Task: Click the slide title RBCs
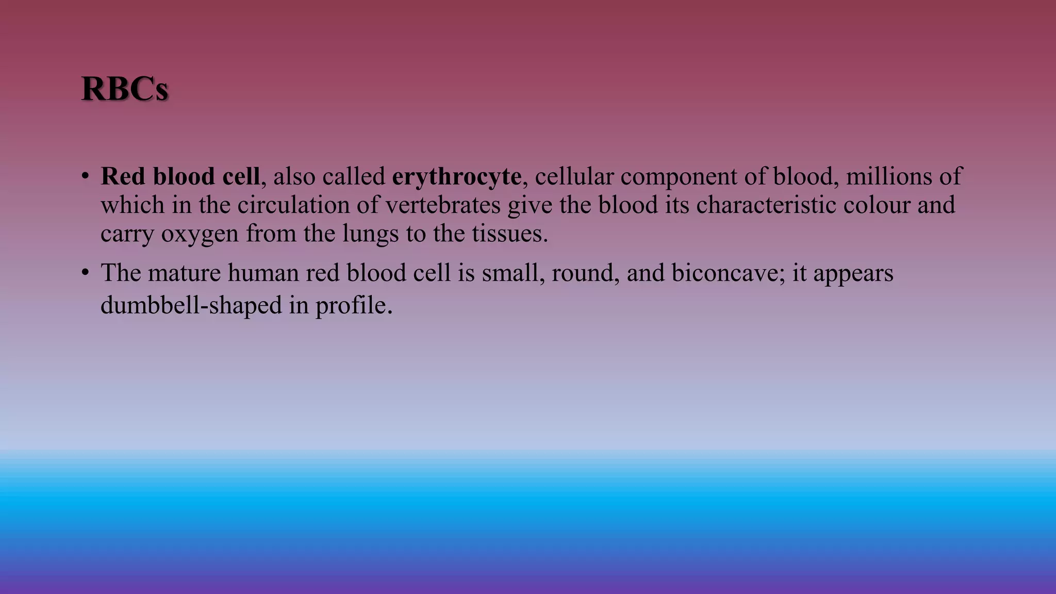point(125,89)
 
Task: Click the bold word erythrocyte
point(457,176)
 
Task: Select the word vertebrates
point(443,205)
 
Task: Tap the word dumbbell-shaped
point(191,305)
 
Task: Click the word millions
point(888,176)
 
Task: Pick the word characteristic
point(766,205)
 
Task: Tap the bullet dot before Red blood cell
point(86,176)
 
